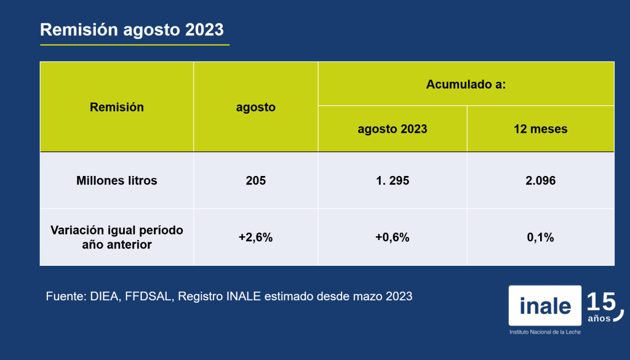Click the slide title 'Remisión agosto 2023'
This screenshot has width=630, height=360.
pos(132,30)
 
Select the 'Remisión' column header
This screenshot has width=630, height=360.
pos(117,107)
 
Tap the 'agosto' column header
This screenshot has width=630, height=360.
pos(256,107)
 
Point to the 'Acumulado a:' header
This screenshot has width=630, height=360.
pos(466,84)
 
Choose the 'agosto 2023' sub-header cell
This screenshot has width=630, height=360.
pos(393,129)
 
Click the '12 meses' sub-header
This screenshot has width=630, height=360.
pos(541,129)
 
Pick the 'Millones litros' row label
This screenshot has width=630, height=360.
pos(117,180)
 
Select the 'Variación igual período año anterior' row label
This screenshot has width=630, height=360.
pos(117,237)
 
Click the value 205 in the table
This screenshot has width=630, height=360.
pos(256,180)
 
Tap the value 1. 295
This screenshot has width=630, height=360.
pos(393,180)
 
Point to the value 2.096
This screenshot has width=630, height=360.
pos(541,180)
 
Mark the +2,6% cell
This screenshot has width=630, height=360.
pos(256,238)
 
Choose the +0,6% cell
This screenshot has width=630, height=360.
pos(393,238)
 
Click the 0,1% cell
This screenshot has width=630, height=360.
pos(541,238)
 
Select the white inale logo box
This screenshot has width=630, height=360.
pos(545,305)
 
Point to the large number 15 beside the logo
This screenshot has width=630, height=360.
pos(602,302)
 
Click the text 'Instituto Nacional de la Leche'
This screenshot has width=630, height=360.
pos(545,332)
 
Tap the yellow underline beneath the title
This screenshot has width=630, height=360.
pos(135,45)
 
